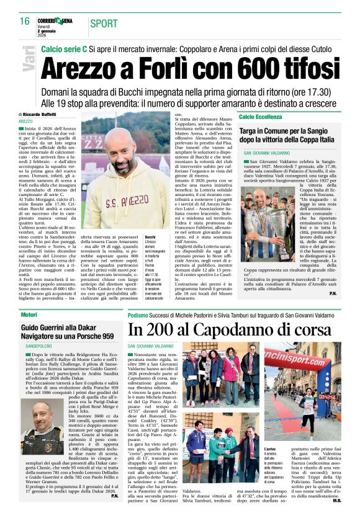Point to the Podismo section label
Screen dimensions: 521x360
[138, 315]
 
